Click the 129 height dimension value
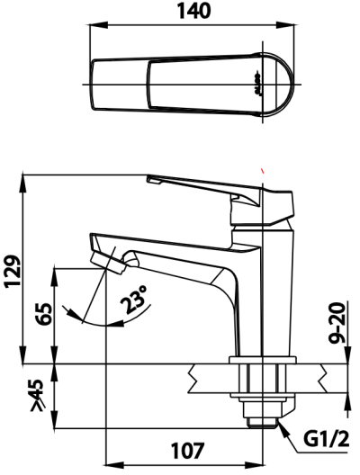point(13,269)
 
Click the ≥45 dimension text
point(37,397)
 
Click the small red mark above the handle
point(262,168)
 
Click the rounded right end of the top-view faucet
point(286,85)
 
